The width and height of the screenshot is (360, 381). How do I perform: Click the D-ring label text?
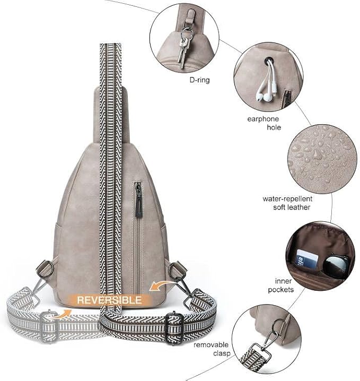pos(199,80)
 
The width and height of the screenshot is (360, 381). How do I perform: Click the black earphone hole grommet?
pos(269,60)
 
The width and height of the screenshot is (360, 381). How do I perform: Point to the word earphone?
pos(263,119)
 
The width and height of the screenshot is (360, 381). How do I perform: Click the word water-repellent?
pos(287,199)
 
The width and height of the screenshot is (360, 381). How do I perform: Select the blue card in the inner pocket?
pos(307,259)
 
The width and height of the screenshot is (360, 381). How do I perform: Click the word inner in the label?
pos(283,281)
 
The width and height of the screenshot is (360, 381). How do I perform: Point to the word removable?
pos(211,344)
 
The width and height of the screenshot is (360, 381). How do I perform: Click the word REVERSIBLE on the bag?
pos(109,300)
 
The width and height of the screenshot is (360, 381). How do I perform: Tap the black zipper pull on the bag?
pos(138,200)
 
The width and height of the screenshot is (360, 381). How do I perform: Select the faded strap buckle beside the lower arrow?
pos(49,326)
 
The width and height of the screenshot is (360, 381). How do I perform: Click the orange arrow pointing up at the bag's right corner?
pos(161,285)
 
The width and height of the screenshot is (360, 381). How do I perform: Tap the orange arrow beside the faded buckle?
pos(60,315)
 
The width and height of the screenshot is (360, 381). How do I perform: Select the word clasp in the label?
pos(222,353)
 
